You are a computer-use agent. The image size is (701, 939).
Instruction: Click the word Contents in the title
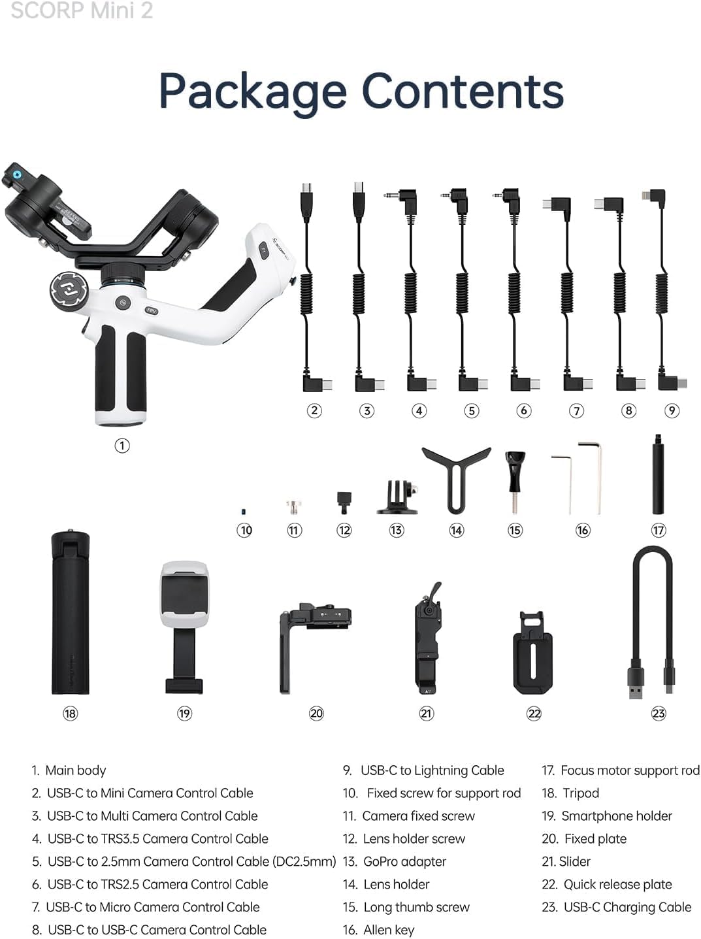point(463,91)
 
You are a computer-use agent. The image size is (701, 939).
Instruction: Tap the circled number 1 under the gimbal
point(122,446)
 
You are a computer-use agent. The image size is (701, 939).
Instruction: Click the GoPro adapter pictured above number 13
point(397,498)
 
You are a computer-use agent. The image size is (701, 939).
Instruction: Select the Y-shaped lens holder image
point(456,477)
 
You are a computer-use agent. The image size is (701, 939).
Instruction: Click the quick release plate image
point(534,654)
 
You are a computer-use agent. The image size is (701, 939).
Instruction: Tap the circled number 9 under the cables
point(672,410)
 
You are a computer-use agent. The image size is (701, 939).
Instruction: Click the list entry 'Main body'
point(75,770)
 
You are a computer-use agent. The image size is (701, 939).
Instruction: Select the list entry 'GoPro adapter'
point(404,862)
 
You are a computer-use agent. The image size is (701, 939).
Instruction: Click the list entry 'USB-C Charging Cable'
point(627,907)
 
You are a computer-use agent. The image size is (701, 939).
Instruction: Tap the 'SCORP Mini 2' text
point(82,10)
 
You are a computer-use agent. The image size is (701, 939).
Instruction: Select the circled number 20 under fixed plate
point(316,714)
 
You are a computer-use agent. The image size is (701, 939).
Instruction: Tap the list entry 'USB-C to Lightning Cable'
point(432,770)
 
